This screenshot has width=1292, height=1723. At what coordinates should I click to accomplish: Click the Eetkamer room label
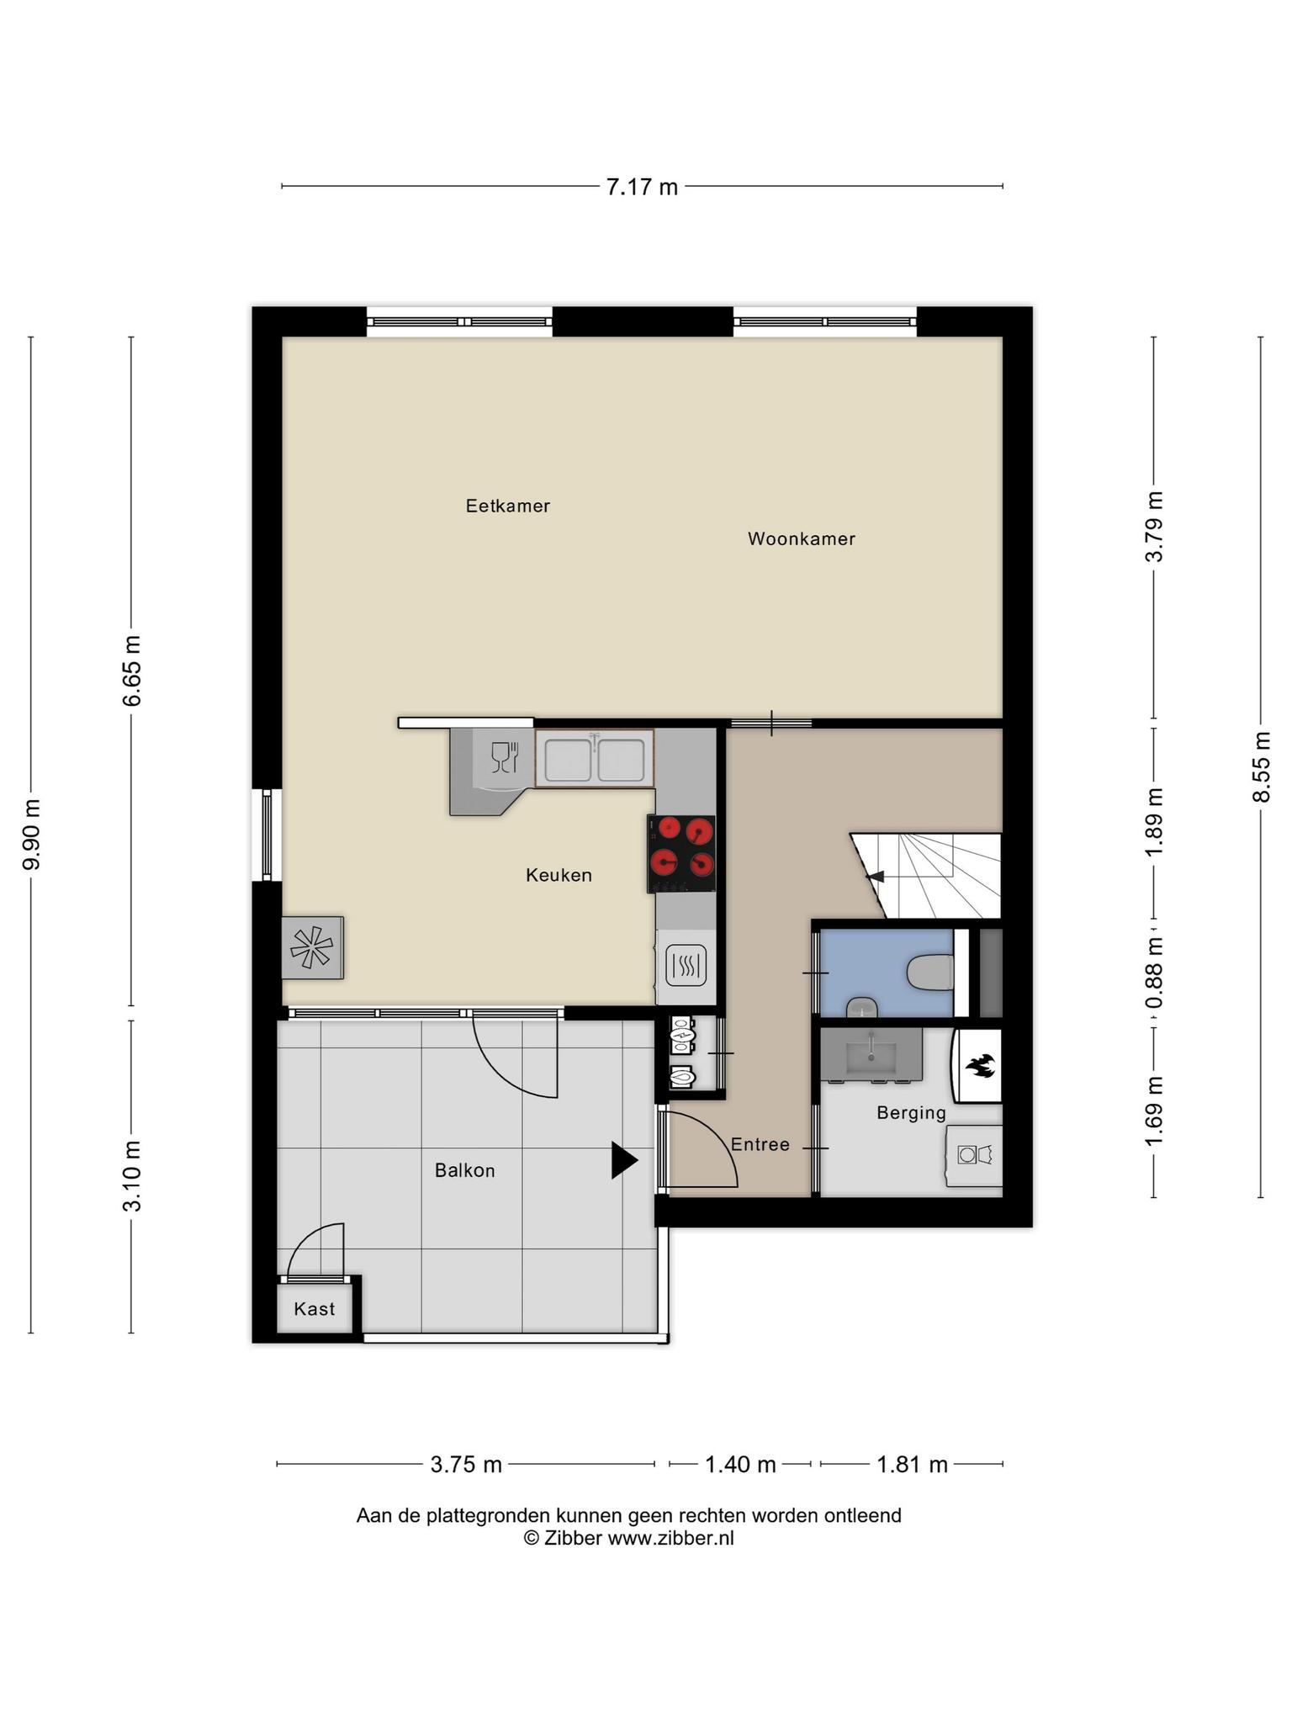pos(508,506)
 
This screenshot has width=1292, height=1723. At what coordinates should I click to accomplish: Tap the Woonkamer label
pos(802,538)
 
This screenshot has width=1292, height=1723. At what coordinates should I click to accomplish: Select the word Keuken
pos(559,875)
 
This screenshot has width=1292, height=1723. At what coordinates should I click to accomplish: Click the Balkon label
pos(465,1170)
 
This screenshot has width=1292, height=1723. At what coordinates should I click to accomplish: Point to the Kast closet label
pos(315,1309)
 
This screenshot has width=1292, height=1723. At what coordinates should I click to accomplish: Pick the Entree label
pos(760,1144)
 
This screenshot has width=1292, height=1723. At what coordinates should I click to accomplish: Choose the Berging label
pos(912,1113)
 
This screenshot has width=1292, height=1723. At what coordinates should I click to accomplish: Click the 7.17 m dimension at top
pos(642,187)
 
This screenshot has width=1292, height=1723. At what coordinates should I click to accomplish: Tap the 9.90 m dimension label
pos(32,835)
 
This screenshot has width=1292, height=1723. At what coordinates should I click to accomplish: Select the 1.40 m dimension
pos(740,1465)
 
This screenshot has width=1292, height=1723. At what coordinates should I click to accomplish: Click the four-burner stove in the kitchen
pos(681,853)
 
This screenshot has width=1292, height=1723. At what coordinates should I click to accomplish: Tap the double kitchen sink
pos(595,759)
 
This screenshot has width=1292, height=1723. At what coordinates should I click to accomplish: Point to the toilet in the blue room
pos(931,973)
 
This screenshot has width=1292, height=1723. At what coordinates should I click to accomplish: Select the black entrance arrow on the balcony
pos(624,1160)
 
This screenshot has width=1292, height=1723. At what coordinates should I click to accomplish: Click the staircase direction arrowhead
pos(876,877)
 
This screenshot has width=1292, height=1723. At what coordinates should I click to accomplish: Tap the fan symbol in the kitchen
pos(312,947)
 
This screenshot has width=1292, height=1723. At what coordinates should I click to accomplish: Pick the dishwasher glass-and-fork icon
pos(504,757)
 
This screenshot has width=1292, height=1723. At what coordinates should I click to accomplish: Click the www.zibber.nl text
pos(671,1538)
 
